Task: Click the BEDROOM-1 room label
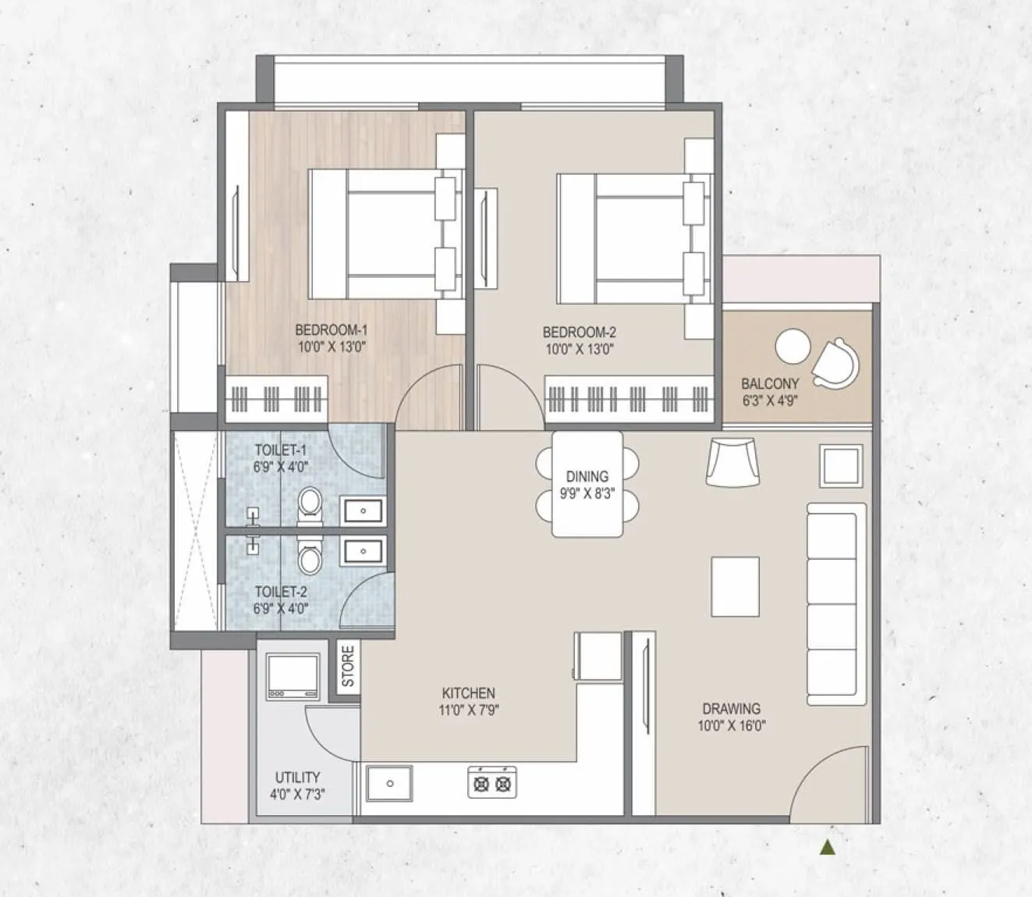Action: [x=332, y=330]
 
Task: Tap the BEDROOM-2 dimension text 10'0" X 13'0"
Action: [x=580, y=349]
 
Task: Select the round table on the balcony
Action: [x=793, y=347]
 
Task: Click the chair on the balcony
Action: [x=835, y=364]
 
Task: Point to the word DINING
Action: [x=587, y=476]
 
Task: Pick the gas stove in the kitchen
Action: [x=492, y=782]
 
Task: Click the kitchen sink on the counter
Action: [x=389, y=783]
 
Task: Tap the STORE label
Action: [x=348, y=667]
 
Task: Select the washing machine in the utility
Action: [x=293, y=677]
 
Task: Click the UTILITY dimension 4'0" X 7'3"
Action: [x=297, y=795]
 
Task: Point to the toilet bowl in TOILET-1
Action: [x=310, y=505]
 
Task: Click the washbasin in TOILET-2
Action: [x=364, y=551]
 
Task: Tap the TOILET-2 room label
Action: [x=281, y=591]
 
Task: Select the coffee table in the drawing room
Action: [x=735, y=586]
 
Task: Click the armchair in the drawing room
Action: [x=733, y=462]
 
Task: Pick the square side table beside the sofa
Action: [x=841, y=465]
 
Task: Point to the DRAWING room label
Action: [x=732, y=709]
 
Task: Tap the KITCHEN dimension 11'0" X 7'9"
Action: [x=469, y=710]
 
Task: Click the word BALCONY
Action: [x=770, y=383]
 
